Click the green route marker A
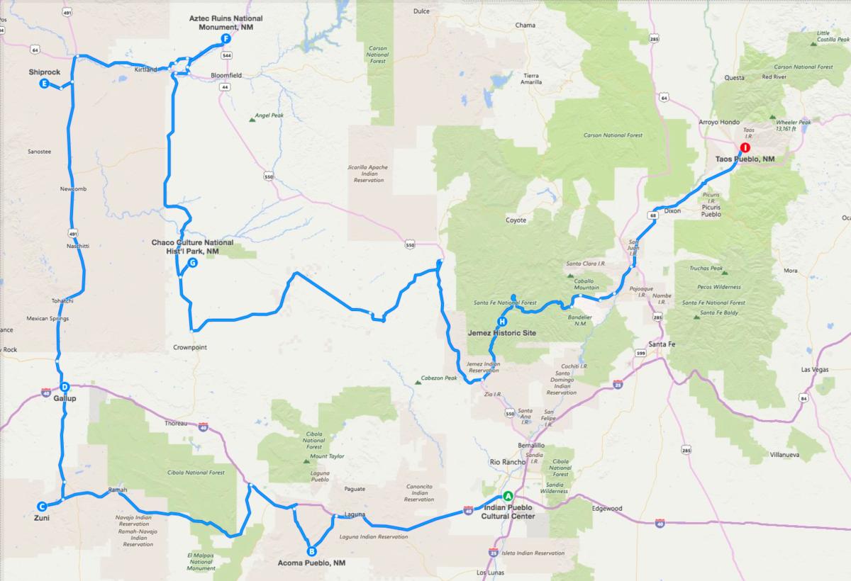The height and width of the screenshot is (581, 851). click(x=507, y=496)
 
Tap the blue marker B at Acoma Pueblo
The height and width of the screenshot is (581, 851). click(x=311, y=551)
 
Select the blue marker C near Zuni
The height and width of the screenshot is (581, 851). click(x=42, y=506)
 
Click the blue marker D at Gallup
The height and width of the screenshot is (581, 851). click(x=65, y=387)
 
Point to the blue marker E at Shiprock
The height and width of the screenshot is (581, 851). click(x=44, y=84)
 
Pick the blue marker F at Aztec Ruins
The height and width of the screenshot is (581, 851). click(x=226, y=39)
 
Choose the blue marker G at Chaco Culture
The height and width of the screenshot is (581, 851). click(x=192, y=263)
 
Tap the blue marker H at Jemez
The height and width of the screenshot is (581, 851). click(x=502, y=321)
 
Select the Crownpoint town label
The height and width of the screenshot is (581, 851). click(x=191, y=348)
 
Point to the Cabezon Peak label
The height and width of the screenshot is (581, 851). click(x=440, y=378)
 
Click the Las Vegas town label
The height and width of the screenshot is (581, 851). click(x=814, y=370)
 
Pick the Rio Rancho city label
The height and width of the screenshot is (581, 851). click(x=507, y=462)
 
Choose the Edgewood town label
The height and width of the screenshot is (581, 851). click(x=607, y=509)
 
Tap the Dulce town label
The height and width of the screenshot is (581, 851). click(x=422, y=11)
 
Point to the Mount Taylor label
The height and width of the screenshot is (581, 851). click(x=327, y=456)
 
